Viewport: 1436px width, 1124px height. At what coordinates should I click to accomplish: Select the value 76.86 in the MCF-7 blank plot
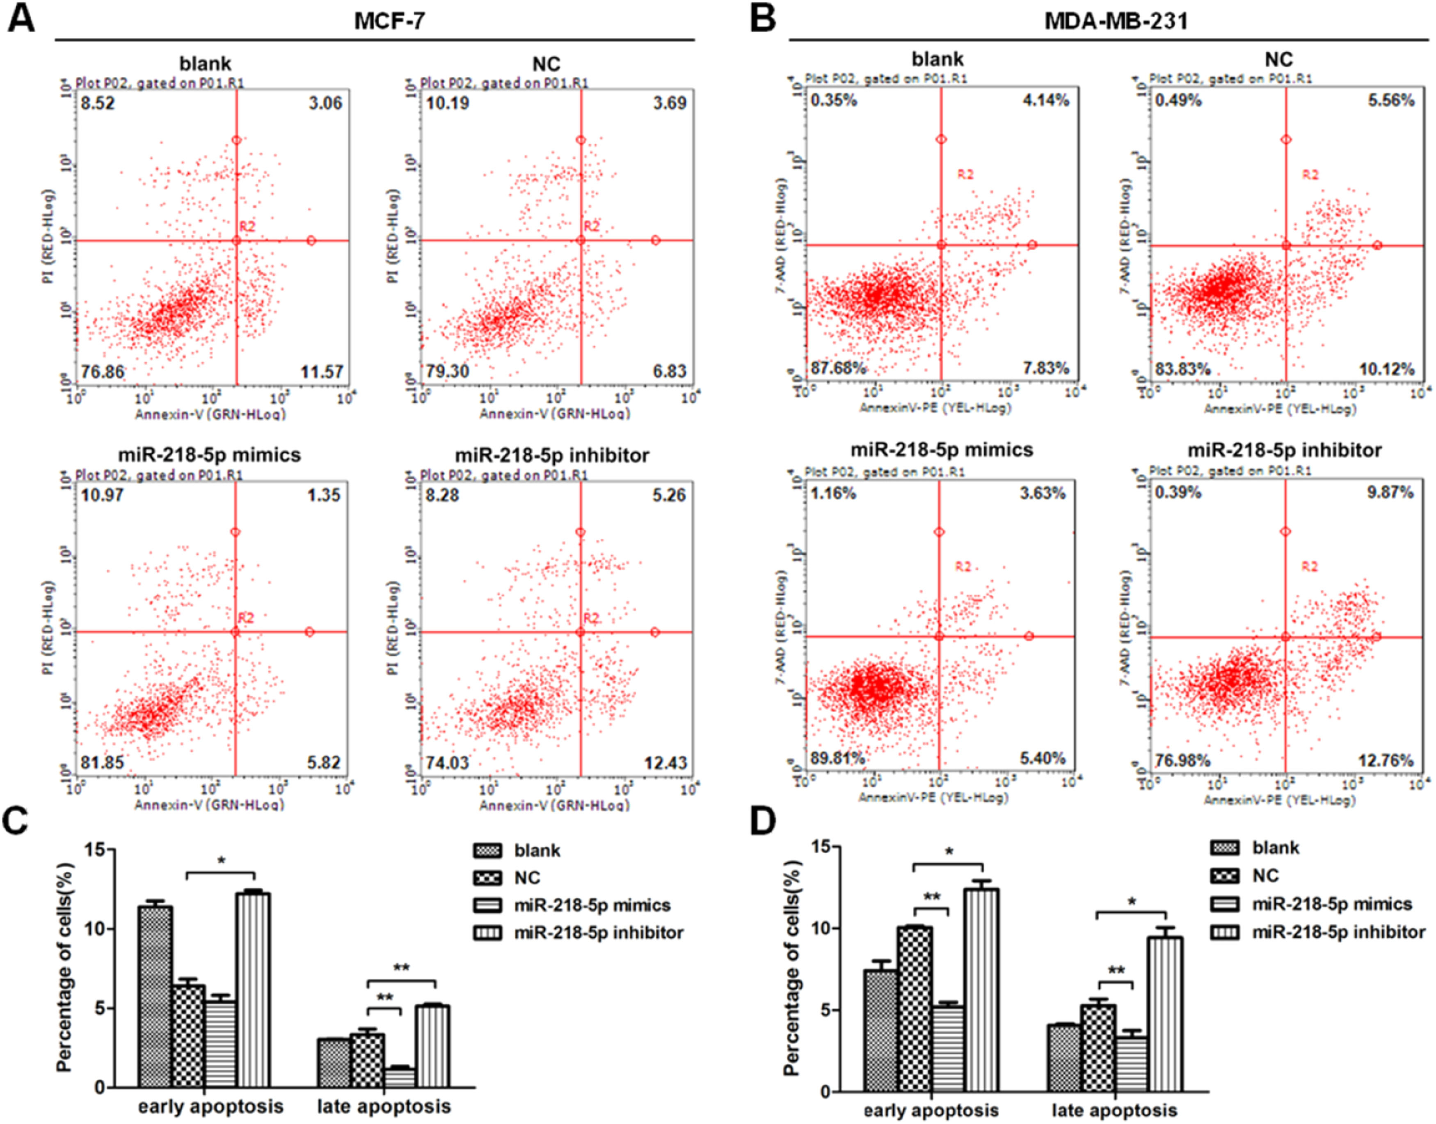103,372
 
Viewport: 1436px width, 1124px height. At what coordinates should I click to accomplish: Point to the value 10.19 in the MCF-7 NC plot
448,103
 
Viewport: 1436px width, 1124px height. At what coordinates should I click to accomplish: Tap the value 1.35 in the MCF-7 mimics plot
325,495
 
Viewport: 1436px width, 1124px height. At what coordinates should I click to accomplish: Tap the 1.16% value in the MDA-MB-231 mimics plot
833,493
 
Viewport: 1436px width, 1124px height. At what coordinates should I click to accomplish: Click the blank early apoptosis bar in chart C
155,997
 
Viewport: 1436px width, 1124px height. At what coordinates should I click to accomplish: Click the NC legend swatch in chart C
487,878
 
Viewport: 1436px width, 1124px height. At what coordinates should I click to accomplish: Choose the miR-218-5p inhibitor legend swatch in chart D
1224,932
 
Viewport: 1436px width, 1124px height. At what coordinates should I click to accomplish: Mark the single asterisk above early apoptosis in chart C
221,861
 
